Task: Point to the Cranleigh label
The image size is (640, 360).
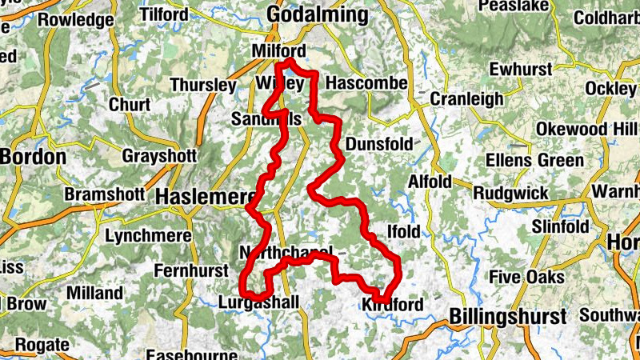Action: pyautogui.click(x=467, y=98)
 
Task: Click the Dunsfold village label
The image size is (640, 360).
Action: pyautogui.click(x=380, y=144)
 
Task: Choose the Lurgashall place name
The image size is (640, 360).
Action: pyautogui.click(x=258, y=302)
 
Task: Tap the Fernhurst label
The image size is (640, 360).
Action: pyautogui.click(x=191, y=270)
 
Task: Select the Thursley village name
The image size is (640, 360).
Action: pyautogui.click(x=203, y=85)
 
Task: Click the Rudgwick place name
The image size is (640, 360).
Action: pyautogui.click(x=511, y=193)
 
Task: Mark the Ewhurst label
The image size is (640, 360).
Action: pyautogui.click(x=521, y=70)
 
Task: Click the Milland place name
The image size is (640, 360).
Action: pyautogui.click(x=94, y=294)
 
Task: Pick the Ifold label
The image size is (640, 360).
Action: pyautogui.click(x=402, y=231)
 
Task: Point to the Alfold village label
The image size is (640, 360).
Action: pyautogui.click(x=430, y=182)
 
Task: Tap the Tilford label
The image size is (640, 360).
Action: pyautogui.click(x=164, y=14)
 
